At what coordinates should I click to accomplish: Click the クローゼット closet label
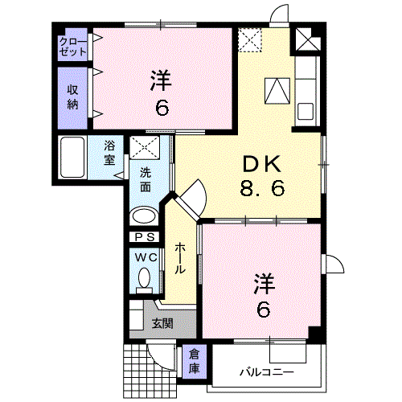[73, 45]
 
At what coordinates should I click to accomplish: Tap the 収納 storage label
[73, 96]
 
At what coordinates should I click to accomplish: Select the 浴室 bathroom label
[109, 153]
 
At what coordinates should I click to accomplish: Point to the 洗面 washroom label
[146, 179]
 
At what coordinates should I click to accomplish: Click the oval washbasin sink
[145, 215]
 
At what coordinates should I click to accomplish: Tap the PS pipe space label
[145, 237]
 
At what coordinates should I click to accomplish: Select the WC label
[145, 257]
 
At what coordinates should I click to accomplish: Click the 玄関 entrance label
[162, 324]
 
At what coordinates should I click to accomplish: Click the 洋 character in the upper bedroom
[162, 80]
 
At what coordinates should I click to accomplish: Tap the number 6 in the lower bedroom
[263, 310]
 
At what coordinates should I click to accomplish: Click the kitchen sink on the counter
[306, 110]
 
